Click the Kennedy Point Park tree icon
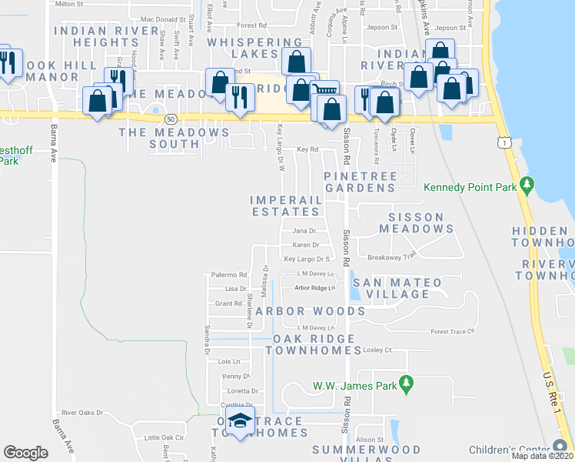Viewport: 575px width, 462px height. (x=527, y=185)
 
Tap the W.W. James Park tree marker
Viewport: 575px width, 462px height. (x=407, y=383)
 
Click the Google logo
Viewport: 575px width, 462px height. (x=25, y=452)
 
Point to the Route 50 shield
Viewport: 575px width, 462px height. (x=170, y=119)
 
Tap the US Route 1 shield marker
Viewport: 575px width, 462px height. (x=502, y=142)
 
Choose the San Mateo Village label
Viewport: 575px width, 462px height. (x=396, y=288)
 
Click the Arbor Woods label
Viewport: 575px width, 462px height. (x=311, y=311)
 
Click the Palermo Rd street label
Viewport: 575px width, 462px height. (x=228, y=275)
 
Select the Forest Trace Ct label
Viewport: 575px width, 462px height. (x=454, y=332)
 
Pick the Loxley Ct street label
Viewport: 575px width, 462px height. (x=377, y=350)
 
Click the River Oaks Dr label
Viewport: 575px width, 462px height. (x=82, y=413)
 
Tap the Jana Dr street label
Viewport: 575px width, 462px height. (x=304, y=231)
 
